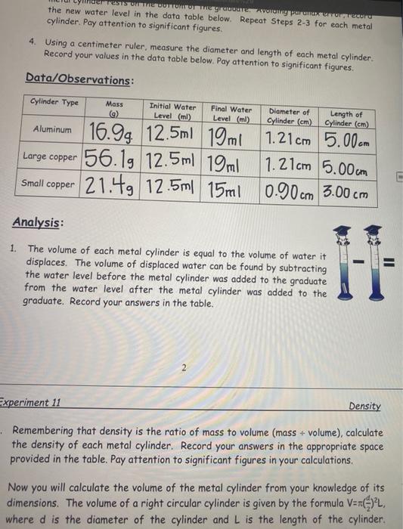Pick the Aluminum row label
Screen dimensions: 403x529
(x=52, y=130)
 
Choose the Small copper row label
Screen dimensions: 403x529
(x=48, y=183)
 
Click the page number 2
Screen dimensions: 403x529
(x=182, y=367)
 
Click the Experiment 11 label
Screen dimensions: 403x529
(x=34, y=403)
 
